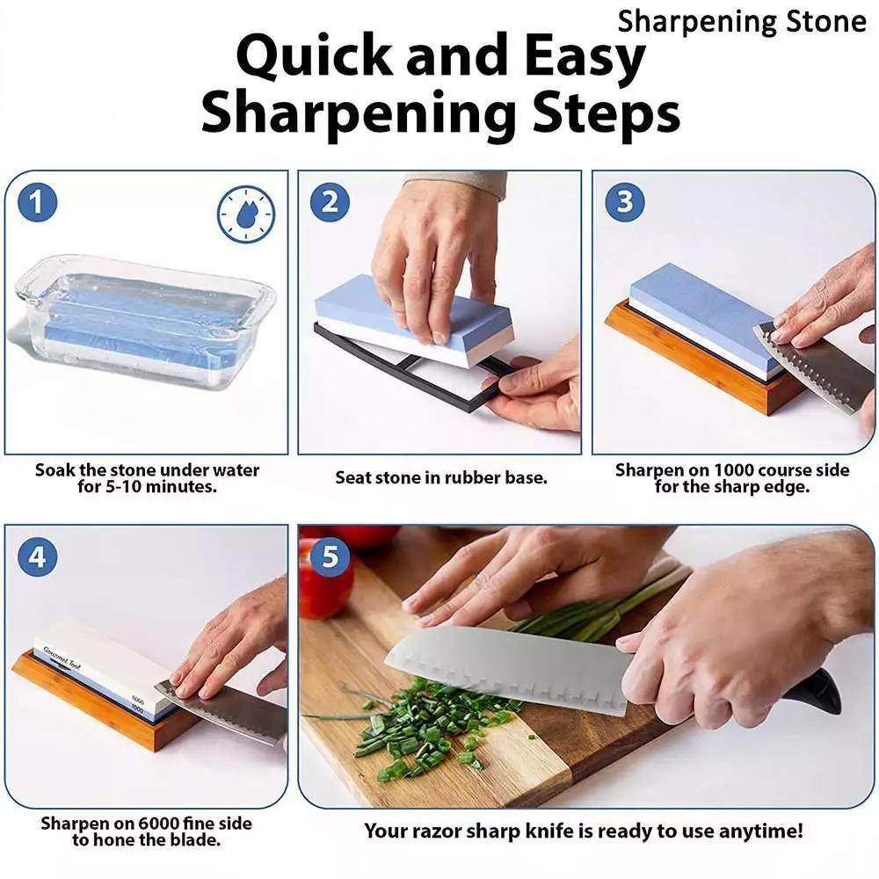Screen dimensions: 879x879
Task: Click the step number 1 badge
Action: click(37, 202)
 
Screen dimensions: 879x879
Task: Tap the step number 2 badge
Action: click(330, 202)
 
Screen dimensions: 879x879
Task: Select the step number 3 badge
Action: click(624, 202)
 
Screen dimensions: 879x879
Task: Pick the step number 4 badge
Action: click(37, 557)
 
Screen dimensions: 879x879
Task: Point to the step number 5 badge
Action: click(330, 556)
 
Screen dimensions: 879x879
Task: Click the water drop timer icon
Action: click(245, 214)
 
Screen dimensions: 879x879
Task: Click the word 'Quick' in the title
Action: click(315, 57)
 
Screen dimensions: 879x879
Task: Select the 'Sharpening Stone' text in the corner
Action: click(742, 23)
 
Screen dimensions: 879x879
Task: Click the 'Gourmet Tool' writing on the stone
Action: click(62, 657)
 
